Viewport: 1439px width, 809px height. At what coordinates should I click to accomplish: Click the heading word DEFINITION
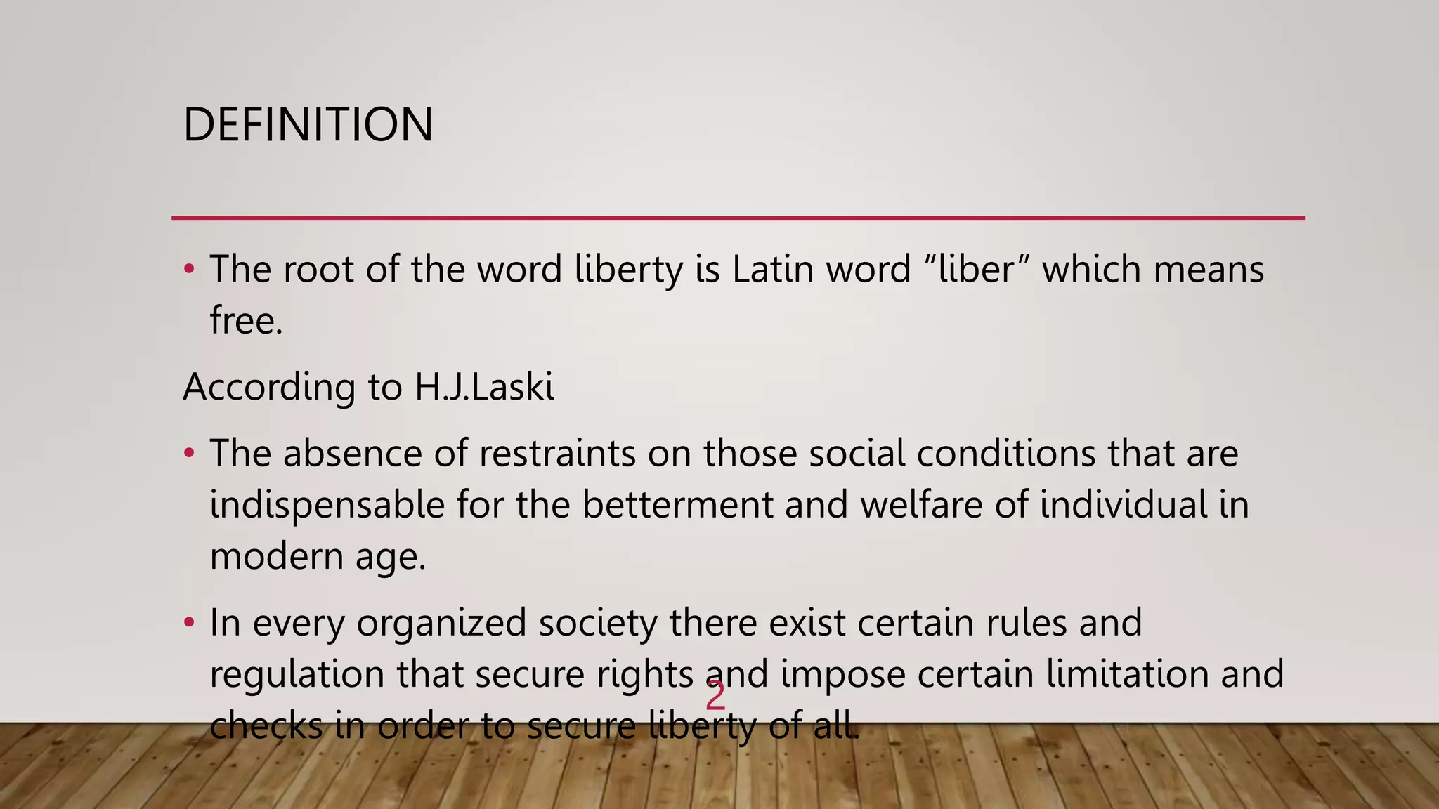click(308, 125)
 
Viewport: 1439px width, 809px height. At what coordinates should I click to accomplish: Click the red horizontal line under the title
click(738, 218)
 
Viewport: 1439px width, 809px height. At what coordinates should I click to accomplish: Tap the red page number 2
click(715, 697)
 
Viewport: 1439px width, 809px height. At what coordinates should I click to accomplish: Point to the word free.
click(245, 321)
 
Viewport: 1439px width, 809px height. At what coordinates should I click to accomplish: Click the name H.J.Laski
click(484, 387)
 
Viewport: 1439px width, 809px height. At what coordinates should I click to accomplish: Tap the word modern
click(276, 557)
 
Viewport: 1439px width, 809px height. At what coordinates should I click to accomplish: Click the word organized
click(441, 623)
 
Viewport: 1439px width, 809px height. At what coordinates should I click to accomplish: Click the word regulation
click(297, 674)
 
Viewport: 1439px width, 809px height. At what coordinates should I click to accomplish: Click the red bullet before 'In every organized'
click(188, 622)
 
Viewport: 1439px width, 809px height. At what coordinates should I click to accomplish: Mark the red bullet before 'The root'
click(188, 269)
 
